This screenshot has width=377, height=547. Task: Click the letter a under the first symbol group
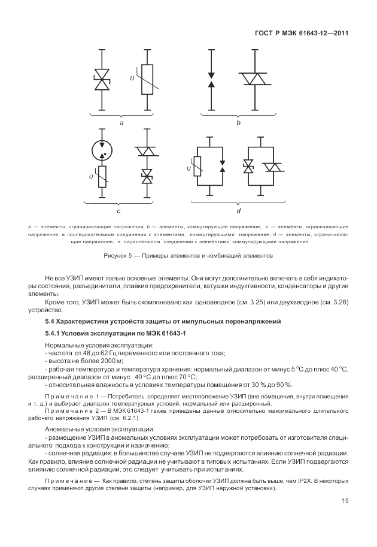[x=121, y=122]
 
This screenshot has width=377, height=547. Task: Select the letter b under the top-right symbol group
[x=238, y=122]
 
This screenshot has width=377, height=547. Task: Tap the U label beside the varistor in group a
[x=133, y=78]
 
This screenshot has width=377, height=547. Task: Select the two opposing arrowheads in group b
[x=211, y=80]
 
